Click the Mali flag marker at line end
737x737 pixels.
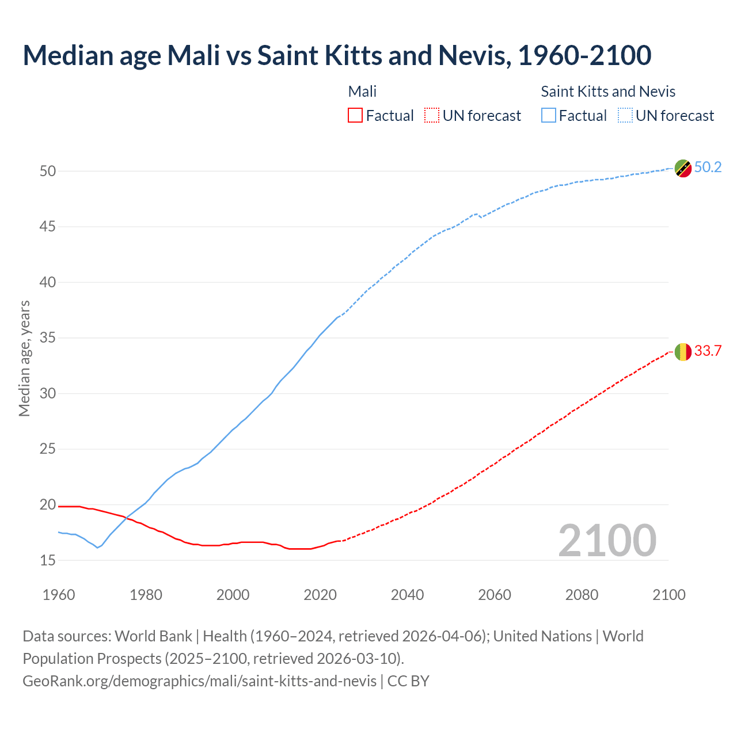click(683, 351)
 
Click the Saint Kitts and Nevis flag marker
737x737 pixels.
click(683, 168)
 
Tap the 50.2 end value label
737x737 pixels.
click(708, 167)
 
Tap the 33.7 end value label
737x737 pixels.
click(708, 351)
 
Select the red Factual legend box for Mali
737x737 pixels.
click(355, 115)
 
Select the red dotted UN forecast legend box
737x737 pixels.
click(432, 115)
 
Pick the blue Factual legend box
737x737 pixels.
click(549, 115)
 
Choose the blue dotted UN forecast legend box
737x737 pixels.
click(625, 115)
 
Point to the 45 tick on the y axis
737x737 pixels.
click(48, 227)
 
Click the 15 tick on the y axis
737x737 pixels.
click(48, 560)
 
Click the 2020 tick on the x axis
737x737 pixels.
click(320, 595)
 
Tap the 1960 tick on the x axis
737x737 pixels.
click(59, 595)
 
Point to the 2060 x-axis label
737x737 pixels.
click(495, 595)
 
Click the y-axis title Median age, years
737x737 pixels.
click(24, 358)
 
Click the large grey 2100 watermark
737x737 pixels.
click(607, 540)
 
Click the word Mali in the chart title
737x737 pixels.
click(193, 55)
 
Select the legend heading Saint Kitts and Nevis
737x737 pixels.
click(608, 92)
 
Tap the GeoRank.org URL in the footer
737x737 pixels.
click(199, 681)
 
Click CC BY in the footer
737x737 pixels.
click(408, 681)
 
